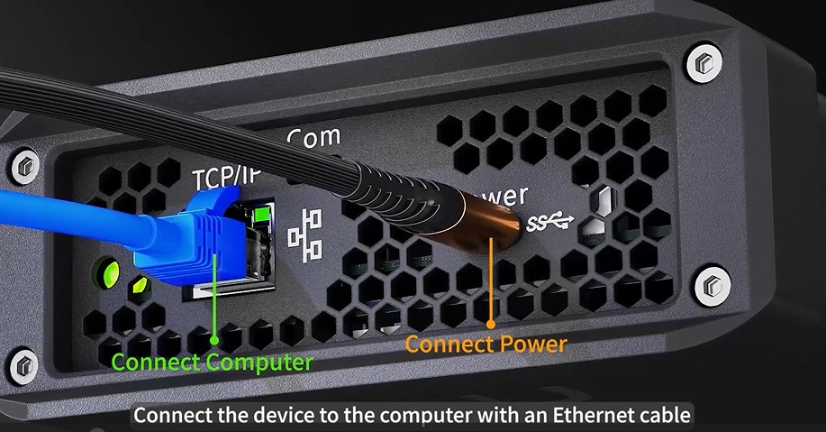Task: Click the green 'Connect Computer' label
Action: click(x=212, y=363)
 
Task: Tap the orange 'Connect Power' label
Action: click(x=486, y=344)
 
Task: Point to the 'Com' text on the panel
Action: click(x=313, y=138)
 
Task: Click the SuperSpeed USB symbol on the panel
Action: click(x=549, y=219)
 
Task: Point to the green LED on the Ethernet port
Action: click(x=261, y=215)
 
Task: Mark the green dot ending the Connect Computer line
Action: click(x=214, y=340)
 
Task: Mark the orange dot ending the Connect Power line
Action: click(x=491, y=322)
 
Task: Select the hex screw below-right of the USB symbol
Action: click(x=711, y=286)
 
